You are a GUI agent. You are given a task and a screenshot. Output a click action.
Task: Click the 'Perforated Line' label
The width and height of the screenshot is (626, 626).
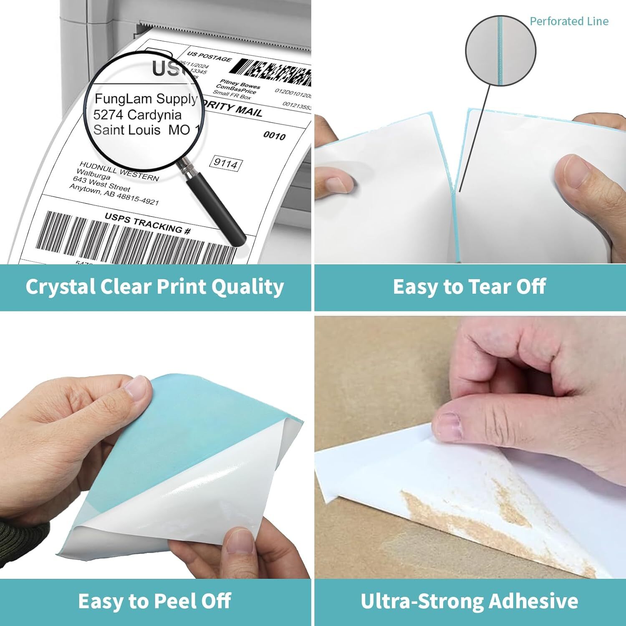(568, 21)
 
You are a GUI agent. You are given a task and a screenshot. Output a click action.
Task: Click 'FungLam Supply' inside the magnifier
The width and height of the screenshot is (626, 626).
(146, 99)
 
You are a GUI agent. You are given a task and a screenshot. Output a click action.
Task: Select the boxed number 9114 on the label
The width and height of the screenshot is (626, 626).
(226, 163)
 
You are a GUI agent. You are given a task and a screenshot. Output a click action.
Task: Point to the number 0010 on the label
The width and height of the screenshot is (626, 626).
(274, 136)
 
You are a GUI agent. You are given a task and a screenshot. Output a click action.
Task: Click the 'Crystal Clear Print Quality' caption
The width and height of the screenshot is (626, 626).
(155, 287)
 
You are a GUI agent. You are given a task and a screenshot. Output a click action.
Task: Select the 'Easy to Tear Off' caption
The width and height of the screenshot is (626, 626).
(469, 287)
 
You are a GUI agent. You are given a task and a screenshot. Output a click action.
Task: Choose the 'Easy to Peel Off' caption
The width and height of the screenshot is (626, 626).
(155, 601)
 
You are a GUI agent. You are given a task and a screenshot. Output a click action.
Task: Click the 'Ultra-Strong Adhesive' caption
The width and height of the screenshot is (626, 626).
(469, 601)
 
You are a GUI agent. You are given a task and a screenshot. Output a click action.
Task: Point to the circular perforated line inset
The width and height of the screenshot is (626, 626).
(500, 51)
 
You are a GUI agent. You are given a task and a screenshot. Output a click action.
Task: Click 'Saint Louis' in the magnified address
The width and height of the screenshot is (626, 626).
(126, 130)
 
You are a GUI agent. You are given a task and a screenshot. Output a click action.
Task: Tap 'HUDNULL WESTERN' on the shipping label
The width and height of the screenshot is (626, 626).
(119, 172)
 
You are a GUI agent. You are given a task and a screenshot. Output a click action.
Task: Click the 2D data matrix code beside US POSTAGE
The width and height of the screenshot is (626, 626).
(275, 72)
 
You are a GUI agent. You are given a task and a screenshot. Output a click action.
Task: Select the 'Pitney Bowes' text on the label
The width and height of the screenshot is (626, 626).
(240, 84)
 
